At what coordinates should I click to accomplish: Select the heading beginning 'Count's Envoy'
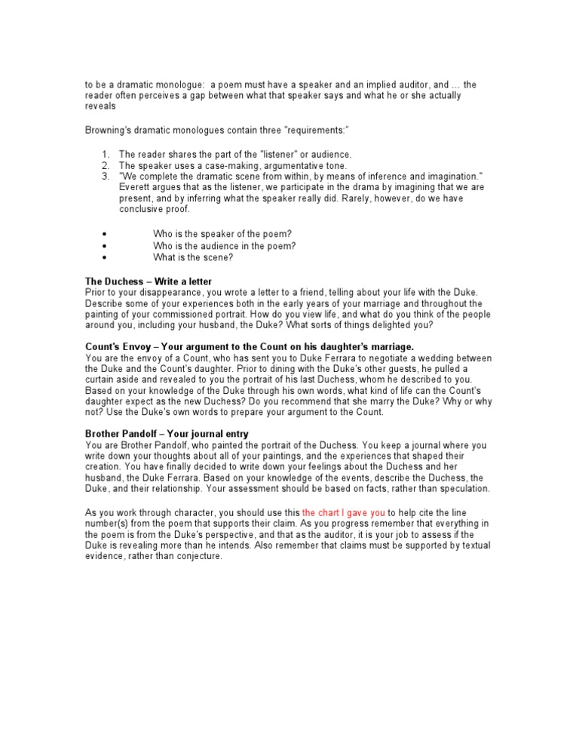tap(250, 346)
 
